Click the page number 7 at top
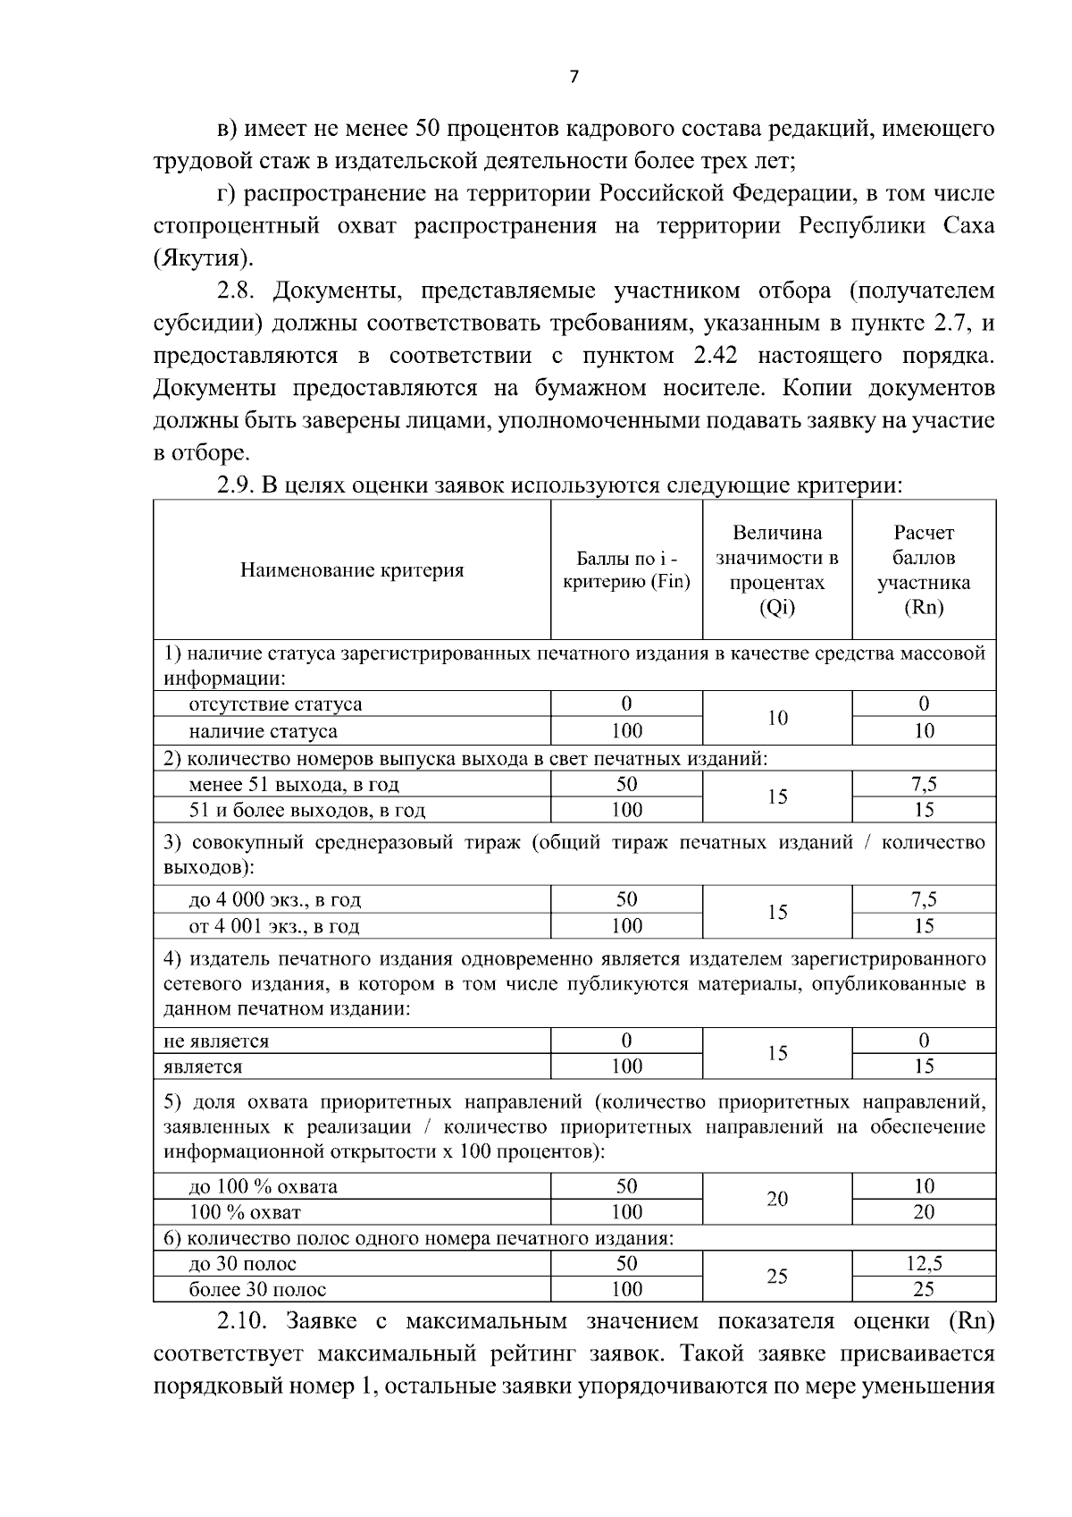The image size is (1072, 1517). click(x=574, y=78)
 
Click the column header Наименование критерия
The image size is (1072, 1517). click(x=352, y=570)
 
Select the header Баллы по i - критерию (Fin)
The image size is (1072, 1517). click(x=626, y=570)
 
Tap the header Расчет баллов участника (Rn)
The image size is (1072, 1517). click(x=924, y=570)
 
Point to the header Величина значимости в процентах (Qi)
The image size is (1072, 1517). click(x=777, y=570)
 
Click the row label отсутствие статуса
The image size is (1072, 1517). click(x=275, y=704)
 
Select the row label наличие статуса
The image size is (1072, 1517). click(x=263, y=731)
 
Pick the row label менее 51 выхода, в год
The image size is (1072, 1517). click(x=294, y=785)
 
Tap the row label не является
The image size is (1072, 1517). click(x=215, y=1041)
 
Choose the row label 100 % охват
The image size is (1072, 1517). click(x=245, y=1213)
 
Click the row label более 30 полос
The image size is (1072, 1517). click(x=257, y=1290)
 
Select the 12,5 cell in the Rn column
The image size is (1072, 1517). click(x=924, y=1263)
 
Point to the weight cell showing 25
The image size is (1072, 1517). click(x=777, y=1277)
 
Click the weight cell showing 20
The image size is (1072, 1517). click(x=777, y=1200)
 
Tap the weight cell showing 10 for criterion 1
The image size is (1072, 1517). click(x=777, y=718)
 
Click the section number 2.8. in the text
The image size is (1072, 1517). click(x=239, y=291)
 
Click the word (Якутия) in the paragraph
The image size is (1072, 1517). click(x=203, y=259)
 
